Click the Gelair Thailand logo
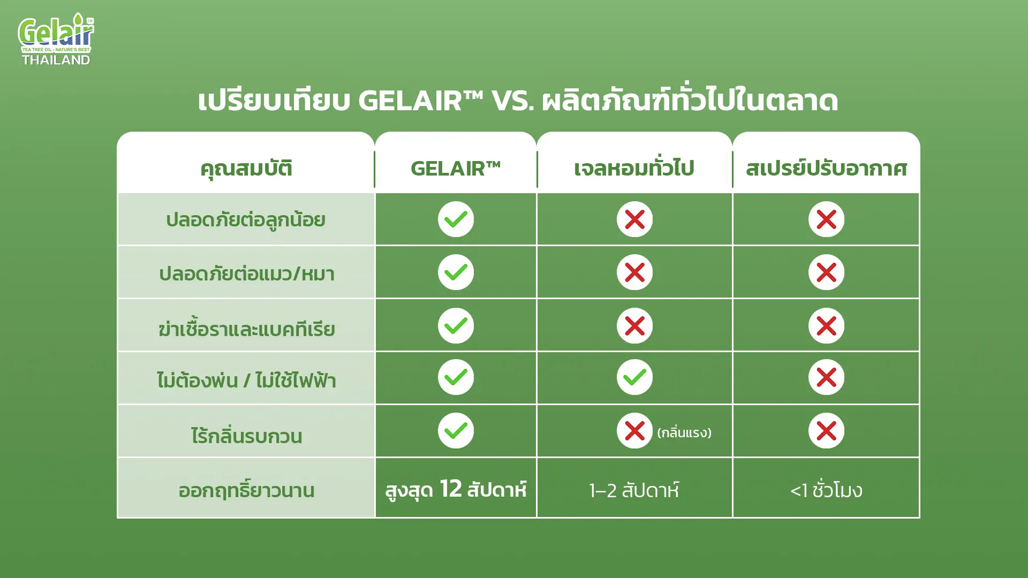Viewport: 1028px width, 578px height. [56, 40]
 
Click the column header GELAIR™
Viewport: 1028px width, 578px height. [456, 169]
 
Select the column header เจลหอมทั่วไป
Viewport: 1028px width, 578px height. [634, 169]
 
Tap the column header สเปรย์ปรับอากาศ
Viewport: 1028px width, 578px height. [826, 169]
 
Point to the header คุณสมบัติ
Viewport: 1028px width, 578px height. [246, 169]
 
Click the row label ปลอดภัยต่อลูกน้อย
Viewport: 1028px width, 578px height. [246, 220]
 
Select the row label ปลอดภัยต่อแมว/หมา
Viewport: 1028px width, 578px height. [247, 273]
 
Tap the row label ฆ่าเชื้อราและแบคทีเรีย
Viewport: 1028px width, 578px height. [247, 328]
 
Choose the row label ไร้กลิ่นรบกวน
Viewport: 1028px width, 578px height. [247, 436]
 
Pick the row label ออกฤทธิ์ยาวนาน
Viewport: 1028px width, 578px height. [247, 490]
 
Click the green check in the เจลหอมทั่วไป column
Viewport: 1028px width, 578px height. [634, 377]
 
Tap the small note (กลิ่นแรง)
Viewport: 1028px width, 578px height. [684, 432]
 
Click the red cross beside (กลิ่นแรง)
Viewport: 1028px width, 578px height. [634, 431]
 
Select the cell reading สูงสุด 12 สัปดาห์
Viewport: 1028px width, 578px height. [456, 489]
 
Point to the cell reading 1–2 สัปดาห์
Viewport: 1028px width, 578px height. [634, 490]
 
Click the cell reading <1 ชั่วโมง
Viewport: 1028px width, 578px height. [826, 490]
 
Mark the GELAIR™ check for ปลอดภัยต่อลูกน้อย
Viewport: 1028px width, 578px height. [456, 219]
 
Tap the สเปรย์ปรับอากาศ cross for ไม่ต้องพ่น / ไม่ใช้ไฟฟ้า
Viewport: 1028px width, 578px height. [826, 377]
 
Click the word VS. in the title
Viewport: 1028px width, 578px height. [512, 101]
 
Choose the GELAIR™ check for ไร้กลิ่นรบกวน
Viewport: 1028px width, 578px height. [456, 431]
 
